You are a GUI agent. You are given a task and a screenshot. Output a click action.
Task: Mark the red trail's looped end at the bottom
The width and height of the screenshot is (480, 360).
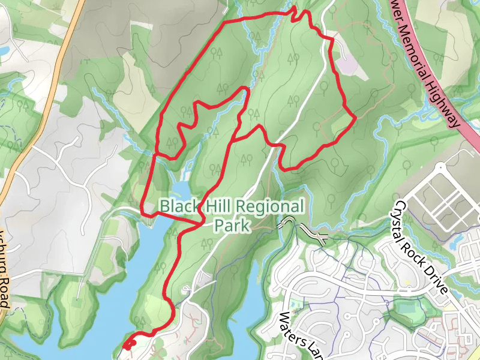(x=128, y=344)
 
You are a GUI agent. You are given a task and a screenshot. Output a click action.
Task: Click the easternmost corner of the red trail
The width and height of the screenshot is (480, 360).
(x=355, y=118)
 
